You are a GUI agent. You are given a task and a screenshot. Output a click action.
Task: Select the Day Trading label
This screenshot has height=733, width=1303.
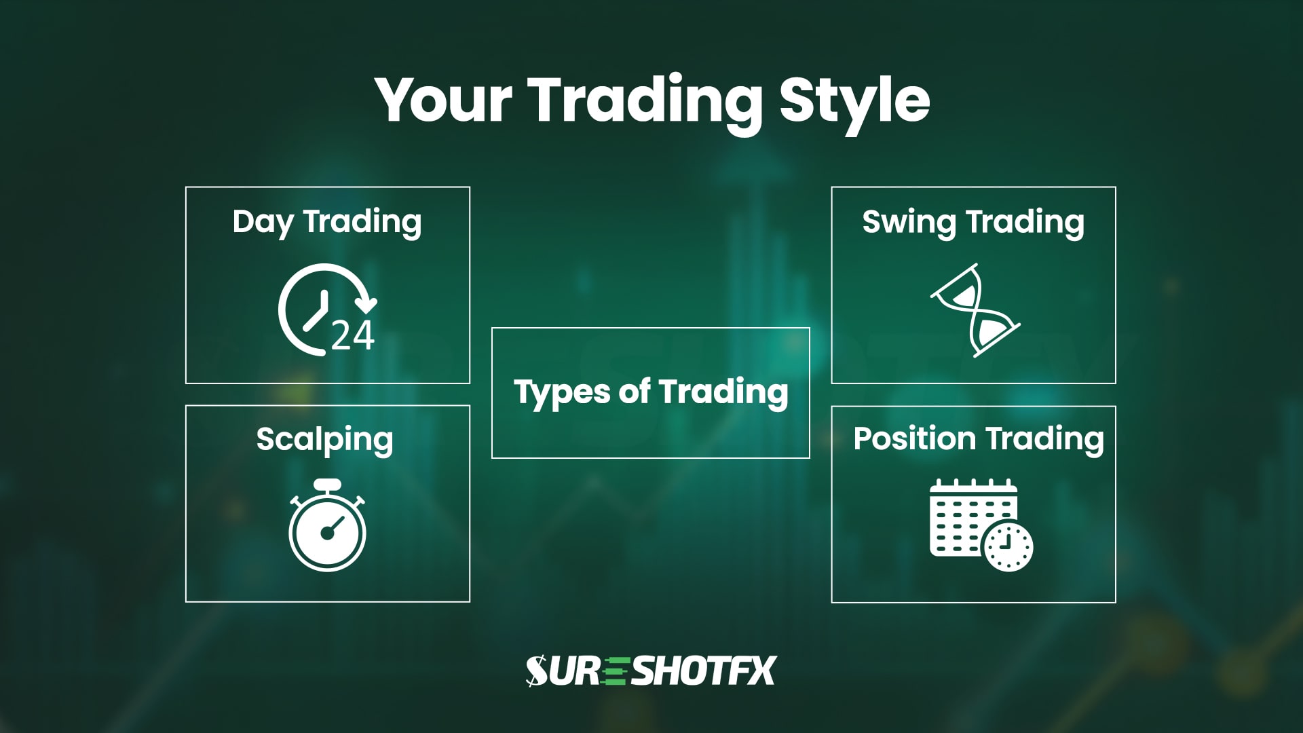point(327,222)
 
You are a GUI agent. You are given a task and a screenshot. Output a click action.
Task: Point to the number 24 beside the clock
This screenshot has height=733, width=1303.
point(353,335)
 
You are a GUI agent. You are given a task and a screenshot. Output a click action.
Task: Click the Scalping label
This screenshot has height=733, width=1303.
point(324,440)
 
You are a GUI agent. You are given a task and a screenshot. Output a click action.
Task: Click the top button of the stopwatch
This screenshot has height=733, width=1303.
point(328,485)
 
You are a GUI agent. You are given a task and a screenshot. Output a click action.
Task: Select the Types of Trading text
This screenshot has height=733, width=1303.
point(651,392)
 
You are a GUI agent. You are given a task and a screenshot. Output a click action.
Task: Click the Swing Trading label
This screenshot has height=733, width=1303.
point(973,222)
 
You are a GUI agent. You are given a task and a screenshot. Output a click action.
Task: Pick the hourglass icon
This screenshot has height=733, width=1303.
point(975,310)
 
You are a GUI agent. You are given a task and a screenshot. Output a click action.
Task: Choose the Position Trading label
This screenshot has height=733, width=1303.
point(978,438)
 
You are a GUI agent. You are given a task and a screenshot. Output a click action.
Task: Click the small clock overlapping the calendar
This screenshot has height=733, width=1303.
point(1008,546)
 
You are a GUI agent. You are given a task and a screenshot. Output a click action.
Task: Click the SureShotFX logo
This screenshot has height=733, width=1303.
point(651,671)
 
